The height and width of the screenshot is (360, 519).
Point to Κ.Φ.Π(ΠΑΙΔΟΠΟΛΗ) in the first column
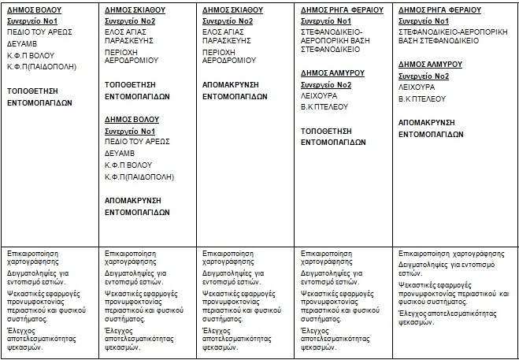(41, 68)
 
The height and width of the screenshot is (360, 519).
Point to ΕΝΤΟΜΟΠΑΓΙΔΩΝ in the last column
(431, 135)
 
